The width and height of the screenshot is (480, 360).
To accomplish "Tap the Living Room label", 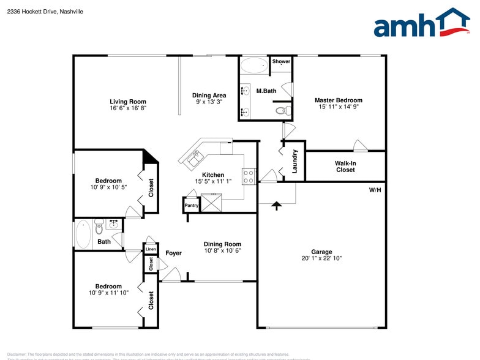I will tap(128, 102).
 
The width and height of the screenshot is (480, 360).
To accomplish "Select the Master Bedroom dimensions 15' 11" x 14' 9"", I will tap(338, 108).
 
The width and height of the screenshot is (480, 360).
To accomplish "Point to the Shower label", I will tap(281, 62).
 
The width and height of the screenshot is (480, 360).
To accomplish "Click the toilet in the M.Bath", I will tap(282, 111).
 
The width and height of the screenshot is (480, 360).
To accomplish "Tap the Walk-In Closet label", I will tap(345, 166).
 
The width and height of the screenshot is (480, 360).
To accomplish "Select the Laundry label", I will tap(294, 161).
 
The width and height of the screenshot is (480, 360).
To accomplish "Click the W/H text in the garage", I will tap(375, 190).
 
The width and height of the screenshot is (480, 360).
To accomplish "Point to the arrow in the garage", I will tap(276, 206).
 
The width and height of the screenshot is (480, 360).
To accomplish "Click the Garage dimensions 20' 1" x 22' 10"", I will tap(321, 259).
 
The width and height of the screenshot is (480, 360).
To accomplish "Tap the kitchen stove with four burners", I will tap(249, 177).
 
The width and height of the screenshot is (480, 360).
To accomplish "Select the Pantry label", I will tap(192, 206).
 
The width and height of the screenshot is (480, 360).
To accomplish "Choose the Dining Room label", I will tap(222, 244).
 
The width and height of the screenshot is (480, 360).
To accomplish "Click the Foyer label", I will tap(173, 253).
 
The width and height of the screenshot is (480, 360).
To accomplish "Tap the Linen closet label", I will tap(151, 249).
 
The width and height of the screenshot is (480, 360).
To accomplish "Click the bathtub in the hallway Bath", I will tap(83, 234).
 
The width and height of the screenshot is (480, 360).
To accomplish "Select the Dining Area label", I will tap(209, 96).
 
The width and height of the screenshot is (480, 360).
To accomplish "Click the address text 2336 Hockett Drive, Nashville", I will tap(45, 12).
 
